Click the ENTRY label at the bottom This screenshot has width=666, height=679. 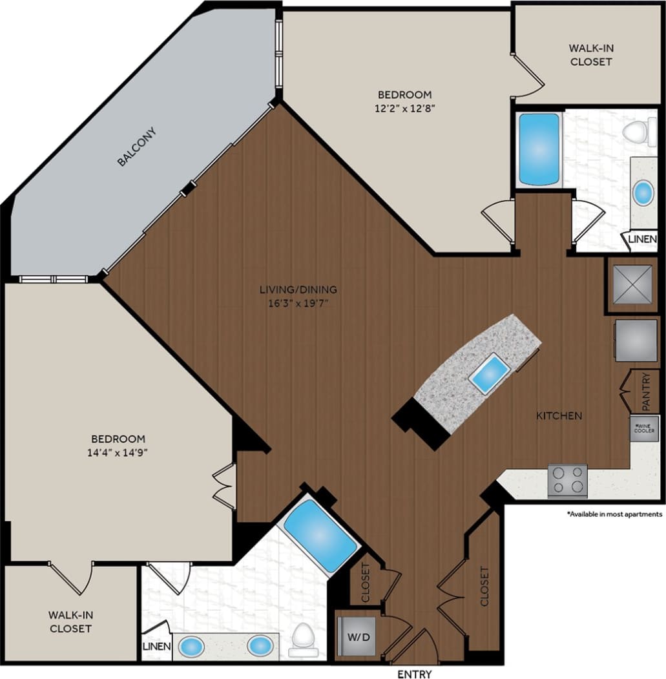click(414, 674)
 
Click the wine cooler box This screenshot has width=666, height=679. click(645, 428)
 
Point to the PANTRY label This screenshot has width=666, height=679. click(647, 392)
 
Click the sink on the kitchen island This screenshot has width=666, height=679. click(489, 373)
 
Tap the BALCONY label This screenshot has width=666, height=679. click(137, 147)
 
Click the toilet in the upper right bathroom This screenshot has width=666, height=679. click(640, 132)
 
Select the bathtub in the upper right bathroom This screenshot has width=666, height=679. click(539, 150)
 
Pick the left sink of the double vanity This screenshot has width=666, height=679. click(191, 645)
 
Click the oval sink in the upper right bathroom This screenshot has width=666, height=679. click(643, 193)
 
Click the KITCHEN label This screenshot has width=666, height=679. click(559, 415)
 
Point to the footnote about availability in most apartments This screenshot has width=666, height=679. click(614, 514)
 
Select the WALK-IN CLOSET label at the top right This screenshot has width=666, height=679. click(590, 55)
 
